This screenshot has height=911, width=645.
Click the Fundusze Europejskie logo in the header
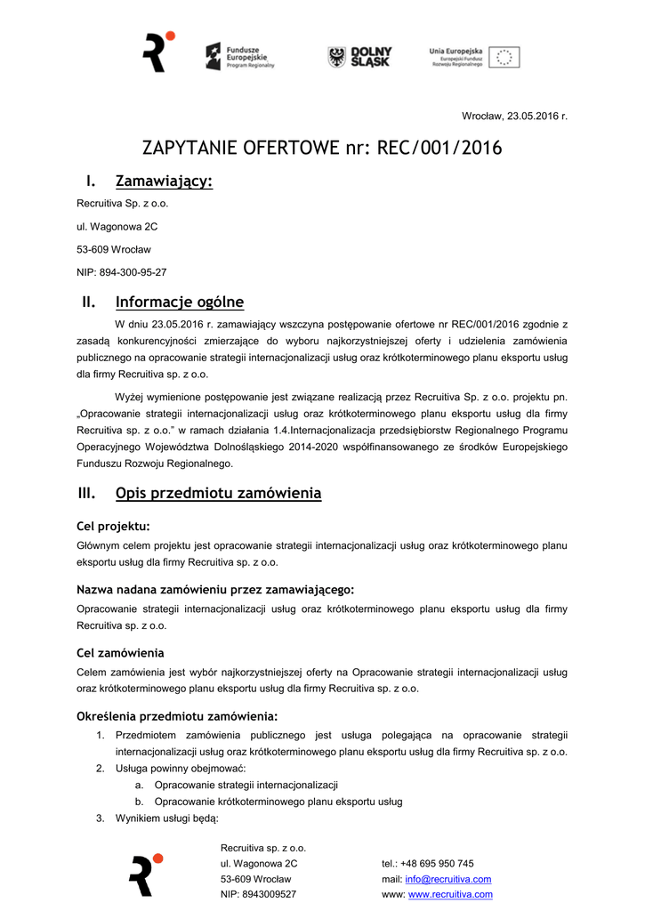click(240, 57)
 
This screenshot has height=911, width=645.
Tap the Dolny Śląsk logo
click(359, 57)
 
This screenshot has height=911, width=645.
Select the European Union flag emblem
click(504, 58)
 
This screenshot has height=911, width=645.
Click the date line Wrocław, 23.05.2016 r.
click(514, 117)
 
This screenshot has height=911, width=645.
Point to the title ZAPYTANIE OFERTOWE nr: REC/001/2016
click(322, 148)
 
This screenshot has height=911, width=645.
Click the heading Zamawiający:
click(164, 181)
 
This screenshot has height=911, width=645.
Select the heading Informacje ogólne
click(179, 302)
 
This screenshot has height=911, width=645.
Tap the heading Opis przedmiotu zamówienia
click(218, 493)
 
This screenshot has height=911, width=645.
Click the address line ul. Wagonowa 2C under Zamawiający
click(117, 226)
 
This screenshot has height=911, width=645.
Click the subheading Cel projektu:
click(113, 526)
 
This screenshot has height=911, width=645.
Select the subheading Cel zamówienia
click(120, 653)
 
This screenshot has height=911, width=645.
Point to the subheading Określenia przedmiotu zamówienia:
click(177, 716)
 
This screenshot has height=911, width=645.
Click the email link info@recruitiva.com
click(448, 879)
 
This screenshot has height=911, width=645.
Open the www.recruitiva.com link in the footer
click(450, 894)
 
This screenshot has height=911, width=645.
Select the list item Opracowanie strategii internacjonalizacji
click(246, 785)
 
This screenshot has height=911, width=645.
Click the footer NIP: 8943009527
click(258, 894)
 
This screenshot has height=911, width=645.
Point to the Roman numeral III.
click(86, 493)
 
